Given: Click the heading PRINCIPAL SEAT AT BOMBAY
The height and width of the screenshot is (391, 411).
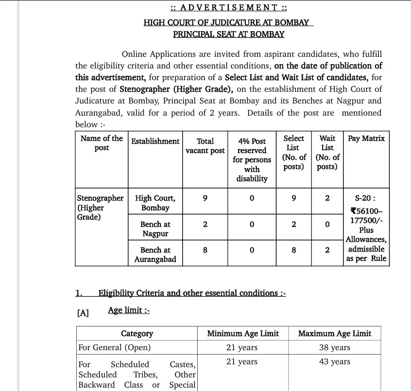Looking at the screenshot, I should click(x=229, y=34).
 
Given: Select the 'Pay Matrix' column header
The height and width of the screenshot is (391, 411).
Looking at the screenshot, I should click(x=366, y=138).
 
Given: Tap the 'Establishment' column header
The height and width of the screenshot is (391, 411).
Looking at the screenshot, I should click(x=155, y=141).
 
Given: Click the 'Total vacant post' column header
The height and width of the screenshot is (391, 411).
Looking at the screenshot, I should click(x=205, y=146).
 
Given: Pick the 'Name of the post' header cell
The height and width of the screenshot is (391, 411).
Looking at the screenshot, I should click(x=102, y=143).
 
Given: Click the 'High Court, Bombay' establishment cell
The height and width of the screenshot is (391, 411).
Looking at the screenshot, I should click(x=155, y=203).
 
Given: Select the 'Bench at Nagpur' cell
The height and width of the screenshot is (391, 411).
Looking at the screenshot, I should click(x=155, y=229).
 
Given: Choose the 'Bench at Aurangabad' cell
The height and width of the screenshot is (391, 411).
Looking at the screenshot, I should click(x=155, y=255).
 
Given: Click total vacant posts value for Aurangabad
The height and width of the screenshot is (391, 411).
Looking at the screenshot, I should click(x=205, y=250).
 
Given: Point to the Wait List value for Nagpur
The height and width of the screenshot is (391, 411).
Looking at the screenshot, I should click(x=327, y=224).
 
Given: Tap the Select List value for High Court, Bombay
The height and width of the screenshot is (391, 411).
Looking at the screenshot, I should click(x=293, y=198).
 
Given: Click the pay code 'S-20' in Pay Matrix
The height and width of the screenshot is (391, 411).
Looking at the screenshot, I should click(x=365, y=199).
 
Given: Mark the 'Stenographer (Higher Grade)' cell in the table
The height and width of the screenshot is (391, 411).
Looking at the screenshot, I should click(x=100, y=207).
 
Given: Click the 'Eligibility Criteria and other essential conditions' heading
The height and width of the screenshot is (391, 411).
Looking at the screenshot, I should click(x=192, y=293).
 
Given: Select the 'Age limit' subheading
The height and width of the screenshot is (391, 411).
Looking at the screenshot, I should click(x=129, y=310).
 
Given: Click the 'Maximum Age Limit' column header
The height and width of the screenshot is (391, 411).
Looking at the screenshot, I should click(x=334, y=333).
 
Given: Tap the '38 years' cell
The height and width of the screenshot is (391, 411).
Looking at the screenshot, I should click(x=334, y=348).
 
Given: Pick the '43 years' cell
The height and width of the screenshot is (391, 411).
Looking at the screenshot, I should click(x=334, y=362).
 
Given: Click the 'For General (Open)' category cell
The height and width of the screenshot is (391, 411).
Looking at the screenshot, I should click(x=115, y=348).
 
